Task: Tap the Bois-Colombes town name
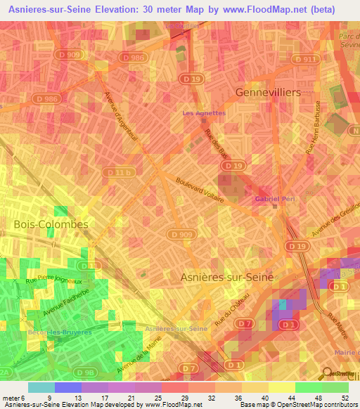(x=51, y=224)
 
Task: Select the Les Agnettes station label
(x=204, y=112)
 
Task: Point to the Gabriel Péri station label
(x=274, y=199)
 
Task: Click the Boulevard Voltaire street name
(x=200, y=190)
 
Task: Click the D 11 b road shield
(x=117, y=171)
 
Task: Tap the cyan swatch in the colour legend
(x=41, y=387)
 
